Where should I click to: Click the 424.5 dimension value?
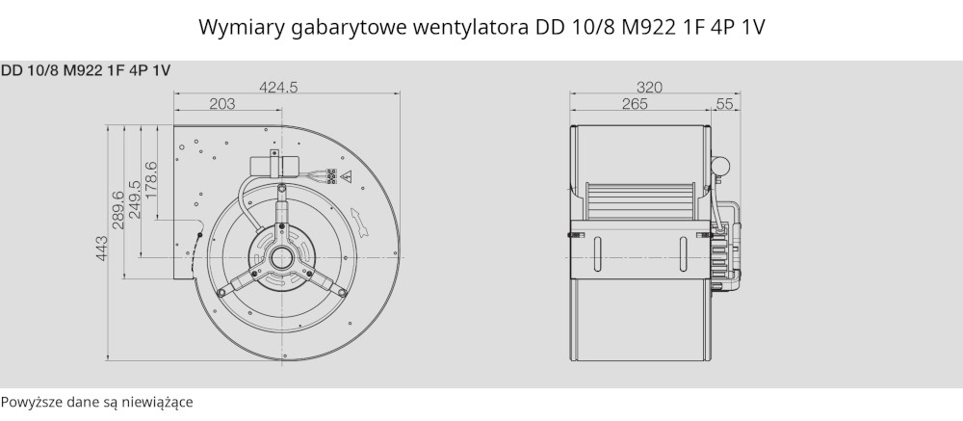[x=277, y=88]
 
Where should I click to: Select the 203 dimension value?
[x=222, y=104]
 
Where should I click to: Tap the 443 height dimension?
[x=102, y=249]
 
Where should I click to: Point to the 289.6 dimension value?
[x=118, y=210]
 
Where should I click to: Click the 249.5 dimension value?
[x=135, y=199]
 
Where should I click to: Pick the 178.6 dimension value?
[x=151, y=179]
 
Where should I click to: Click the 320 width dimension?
[x=649, y=88]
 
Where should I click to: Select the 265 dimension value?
[x=635, y=104]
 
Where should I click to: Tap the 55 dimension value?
[x=725, y=104]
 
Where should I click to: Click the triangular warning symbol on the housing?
[x=347, y=176]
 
